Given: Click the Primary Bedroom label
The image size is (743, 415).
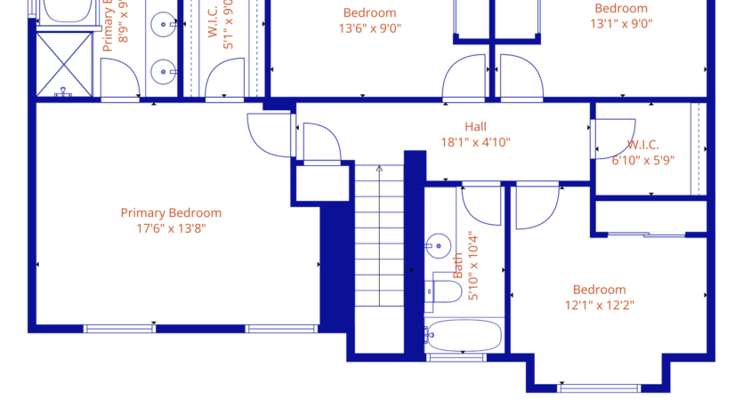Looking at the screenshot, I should point(171,212).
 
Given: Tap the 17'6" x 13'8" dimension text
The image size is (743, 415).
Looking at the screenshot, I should point(171,228).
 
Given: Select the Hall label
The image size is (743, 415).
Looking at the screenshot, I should point(475,126).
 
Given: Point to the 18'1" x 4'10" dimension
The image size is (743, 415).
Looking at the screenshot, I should point(475,142).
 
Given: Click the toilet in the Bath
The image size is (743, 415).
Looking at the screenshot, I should point(443,290).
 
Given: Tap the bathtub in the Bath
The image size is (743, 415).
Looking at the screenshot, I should point(463,336).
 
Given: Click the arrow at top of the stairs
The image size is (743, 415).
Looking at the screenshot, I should point(379,168).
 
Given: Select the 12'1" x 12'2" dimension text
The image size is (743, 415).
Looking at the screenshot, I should point(599,306).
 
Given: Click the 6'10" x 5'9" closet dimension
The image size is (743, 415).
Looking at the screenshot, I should point(642,160).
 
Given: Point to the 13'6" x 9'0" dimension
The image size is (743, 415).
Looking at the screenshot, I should point(369,28).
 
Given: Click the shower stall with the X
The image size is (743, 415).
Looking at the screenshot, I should point(64,63).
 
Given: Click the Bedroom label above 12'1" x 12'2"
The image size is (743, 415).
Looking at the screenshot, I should point(599,290).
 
